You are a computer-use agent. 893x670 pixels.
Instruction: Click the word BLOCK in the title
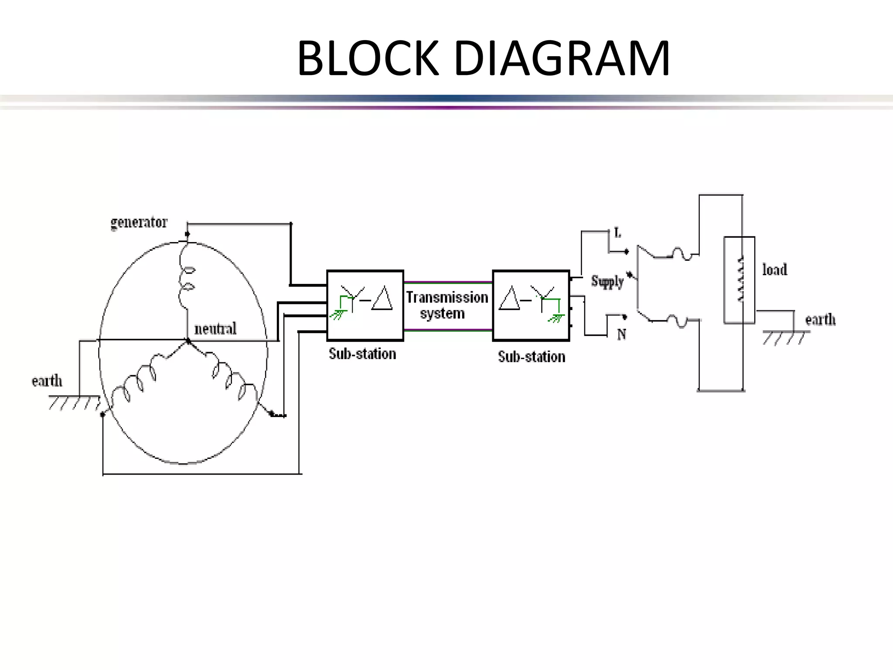click(x=368, y=58)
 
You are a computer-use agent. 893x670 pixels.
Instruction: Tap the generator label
click(x=139, y=222)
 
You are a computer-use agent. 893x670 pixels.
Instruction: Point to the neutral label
click(x=215, y=328)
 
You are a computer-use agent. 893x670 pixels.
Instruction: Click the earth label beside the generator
click(x=47, y=381)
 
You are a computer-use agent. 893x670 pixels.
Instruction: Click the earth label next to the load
click(x=820, y=320)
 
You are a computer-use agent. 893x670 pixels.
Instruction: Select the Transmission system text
click(x=447, y=305)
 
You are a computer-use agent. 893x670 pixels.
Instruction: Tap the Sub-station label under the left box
click(x=362, y=354)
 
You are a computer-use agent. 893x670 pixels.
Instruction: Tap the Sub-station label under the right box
click(x=531, y=357)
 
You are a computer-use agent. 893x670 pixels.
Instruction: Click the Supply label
click(x=607, y=281)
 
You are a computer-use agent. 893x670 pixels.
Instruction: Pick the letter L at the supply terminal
click(x=617, y=233)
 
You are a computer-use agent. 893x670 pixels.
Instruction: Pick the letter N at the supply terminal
click(x=621, y=335)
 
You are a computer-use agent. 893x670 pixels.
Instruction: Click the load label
click(x=774, y=270)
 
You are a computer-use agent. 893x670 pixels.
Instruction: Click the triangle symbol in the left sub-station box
click(x=382, y=299)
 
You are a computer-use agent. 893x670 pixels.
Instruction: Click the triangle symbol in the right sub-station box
click(x=509, y=299)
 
